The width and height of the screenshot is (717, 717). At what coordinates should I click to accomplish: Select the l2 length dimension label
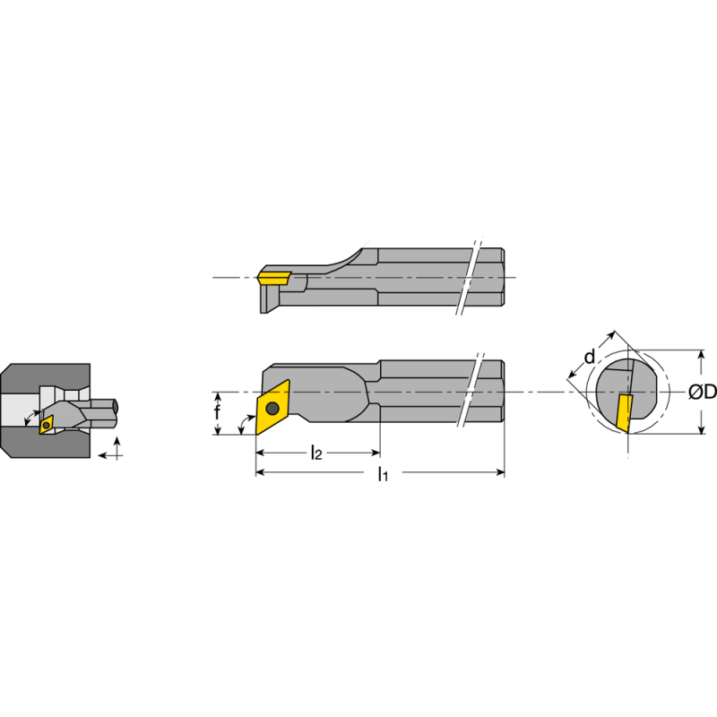point(316,454)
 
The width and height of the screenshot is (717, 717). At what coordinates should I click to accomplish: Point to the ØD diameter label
point(701,393)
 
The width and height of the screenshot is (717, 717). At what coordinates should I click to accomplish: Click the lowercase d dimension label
point(589,358)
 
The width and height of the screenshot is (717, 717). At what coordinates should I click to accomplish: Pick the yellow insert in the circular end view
point(624,411)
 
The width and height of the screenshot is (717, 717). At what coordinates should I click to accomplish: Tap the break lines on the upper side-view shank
point(469,278)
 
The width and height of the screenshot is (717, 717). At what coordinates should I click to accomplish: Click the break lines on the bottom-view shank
point(469,393)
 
